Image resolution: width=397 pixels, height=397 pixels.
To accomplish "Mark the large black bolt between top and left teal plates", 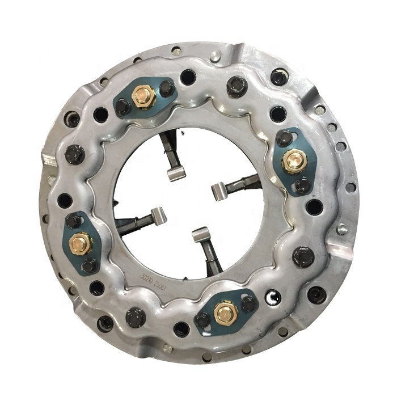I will coord(75,153).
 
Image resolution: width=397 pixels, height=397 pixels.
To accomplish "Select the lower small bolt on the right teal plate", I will coord(302,184).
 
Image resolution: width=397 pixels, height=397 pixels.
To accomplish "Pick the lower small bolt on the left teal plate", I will coord(89,265).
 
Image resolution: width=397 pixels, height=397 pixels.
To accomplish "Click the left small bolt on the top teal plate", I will coord(123,107).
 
